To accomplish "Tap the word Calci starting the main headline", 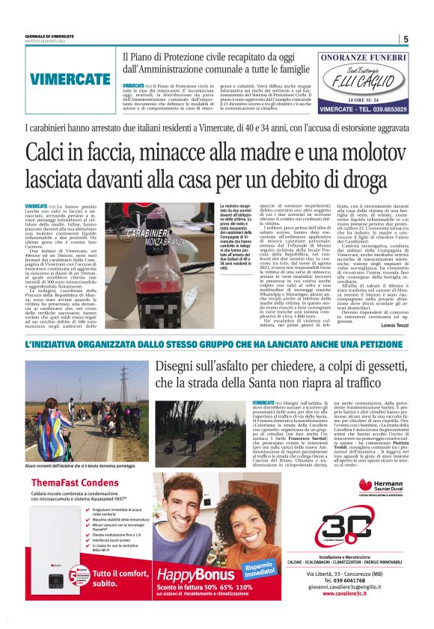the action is (x=49, y=152).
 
